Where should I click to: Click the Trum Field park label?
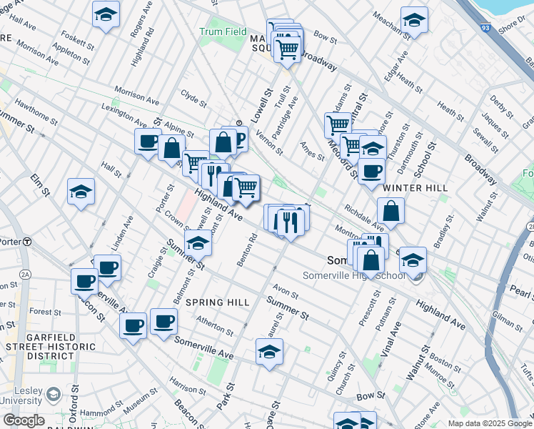[x=223, y=32]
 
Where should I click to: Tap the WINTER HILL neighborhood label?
[x=415, y=188]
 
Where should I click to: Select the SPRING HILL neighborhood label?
[x=218, y=302]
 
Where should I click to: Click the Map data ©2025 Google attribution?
[x=490, y=423]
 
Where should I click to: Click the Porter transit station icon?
[x=26, y=242]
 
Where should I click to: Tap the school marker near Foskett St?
[x=106, y=14]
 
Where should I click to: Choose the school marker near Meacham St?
[x=413, y=21]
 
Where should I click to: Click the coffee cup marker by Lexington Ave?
[x=148, y=141]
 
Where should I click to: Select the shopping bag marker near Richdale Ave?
[x=391, y=211]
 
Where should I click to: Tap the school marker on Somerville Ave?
[x=269, y=352]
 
